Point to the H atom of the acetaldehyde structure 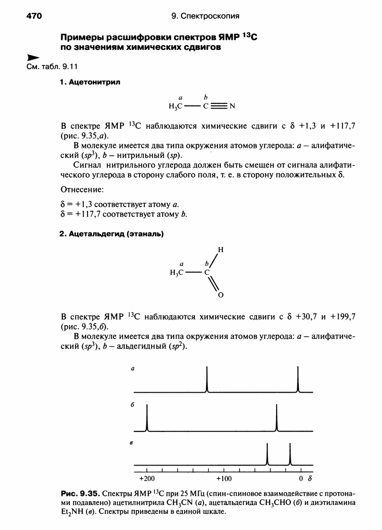tap(220, 250)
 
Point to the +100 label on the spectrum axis tap(224, 479)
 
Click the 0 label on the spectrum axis tap(301, 479)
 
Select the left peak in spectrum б tap(147, 418)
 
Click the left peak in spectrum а tap(207, 380)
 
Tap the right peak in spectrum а tap(298, 380)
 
